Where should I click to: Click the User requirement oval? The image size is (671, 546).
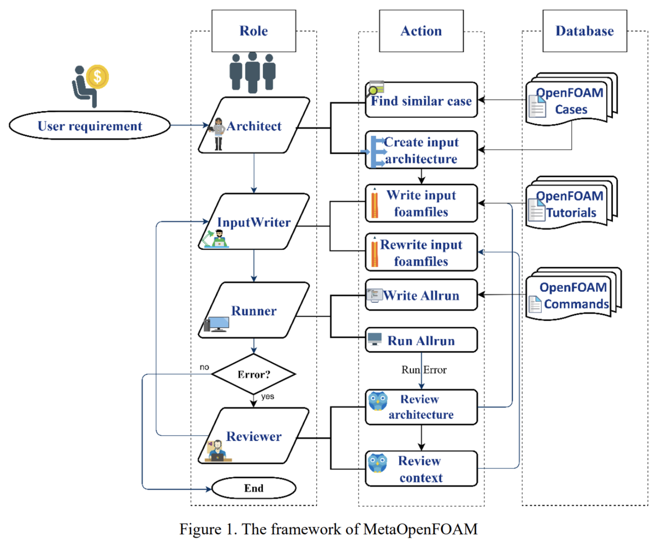89,126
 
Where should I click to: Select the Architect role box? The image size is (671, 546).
254,125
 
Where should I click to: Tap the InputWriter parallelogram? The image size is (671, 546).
254,222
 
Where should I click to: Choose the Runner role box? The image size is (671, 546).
254,310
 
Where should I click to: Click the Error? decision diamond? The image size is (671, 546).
254,373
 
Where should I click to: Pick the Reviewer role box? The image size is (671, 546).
254,436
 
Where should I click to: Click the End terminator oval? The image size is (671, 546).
253,488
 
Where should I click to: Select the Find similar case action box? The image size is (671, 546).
422,101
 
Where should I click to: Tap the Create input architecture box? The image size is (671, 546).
422,150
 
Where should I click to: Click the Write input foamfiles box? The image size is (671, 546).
422,202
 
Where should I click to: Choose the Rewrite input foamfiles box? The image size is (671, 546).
422,252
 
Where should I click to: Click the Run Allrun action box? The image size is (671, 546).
422,340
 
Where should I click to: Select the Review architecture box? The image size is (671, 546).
422,407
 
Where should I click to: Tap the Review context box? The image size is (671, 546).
422,469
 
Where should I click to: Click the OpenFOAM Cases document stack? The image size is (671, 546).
570,101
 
